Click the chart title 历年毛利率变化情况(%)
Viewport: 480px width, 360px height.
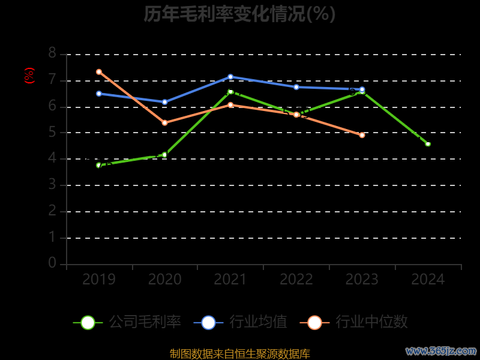coord(239,14)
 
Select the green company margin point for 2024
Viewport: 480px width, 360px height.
coord(428,144)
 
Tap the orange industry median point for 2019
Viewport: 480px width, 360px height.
coord(99,72)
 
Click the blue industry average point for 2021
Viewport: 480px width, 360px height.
coord(230,77)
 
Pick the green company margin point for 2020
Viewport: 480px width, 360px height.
coord(164,155)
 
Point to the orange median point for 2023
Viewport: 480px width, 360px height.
coord(362,135)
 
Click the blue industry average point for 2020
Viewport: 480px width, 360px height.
coord(164,102)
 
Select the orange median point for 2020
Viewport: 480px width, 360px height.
coord(164,123)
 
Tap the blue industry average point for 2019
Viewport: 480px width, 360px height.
coord(99,94)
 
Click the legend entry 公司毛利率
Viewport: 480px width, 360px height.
coord(127,322)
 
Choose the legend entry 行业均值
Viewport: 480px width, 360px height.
coord(241,322)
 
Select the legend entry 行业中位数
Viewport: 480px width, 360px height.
coord(358,322)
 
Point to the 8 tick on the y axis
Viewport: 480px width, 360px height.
coord(52,53)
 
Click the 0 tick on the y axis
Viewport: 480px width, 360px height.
coord(52,263)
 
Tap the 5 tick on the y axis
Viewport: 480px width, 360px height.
coord(52,132)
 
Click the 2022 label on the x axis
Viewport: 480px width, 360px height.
coord(296,280)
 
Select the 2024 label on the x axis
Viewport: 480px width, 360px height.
coord(428,280)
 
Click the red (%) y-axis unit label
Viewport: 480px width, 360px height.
coord(29,76)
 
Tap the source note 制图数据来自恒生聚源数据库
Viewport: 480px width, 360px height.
coord(239,354)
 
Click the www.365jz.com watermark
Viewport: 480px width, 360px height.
coord(441,350)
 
